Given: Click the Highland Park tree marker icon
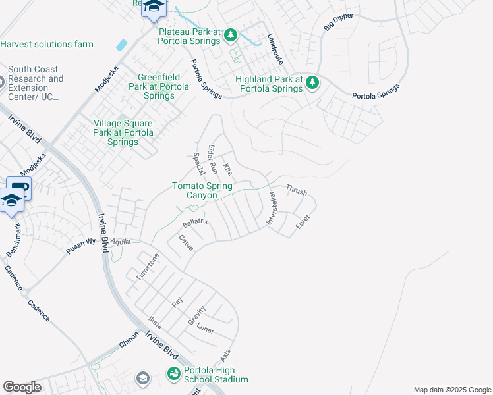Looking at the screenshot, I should tap(313, 82).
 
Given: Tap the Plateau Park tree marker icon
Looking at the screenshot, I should tap(230, 34).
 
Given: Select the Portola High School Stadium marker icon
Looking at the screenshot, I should tap(173, 373).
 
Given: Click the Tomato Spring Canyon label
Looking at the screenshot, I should tap(202, 190).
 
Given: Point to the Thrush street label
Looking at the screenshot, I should tap(297, 190).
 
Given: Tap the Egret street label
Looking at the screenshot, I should tap(303, 222).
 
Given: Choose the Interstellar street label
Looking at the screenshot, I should tap(272, 210).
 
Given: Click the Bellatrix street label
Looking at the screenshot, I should tap(195, 222).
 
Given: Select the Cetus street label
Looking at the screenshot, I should tap(185, 242).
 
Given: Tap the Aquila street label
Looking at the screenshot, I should tap(121, 242).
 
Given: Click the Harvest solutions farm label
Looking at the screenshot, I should tap(47, 45).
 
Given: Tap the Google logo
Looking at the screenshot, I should tap(22, 387).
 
